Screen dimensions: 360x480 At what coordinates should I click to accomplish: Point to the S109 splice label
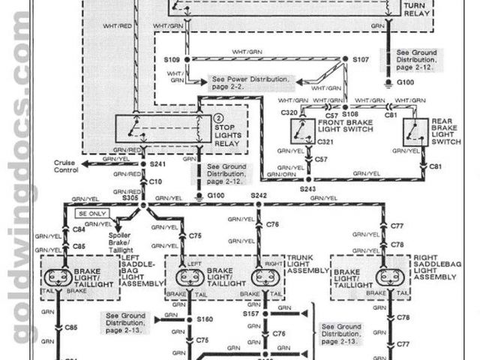pos(172,58)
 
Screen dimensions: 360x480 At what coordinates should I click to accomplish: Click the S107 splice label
pos(361,58)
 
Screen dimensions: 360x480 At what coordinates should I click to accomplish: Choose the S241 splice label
pos(157,163)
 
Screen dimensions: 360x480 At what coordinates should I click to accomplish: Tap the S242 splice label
pos(258,194)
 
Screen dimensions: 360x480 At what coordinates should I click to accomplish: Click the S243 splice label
pos(308,189)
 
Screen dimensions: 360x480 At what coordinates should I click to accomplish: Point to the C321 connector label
pos(325,140)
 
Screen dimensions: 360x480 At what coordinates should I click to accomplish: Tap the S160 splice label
pos(205,319)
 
